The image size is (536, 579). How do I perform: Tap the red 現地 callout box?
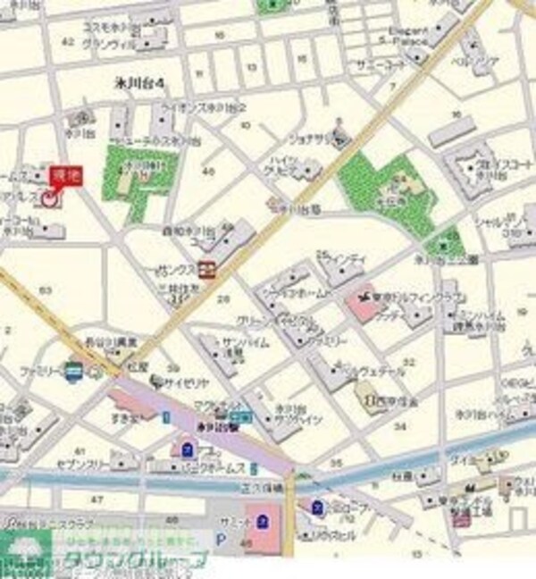pos(64,175)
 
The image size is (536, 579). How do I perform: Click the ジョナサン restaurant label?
pos(306,139)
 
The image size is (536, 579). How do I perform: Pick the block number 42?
pos(65,42)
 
